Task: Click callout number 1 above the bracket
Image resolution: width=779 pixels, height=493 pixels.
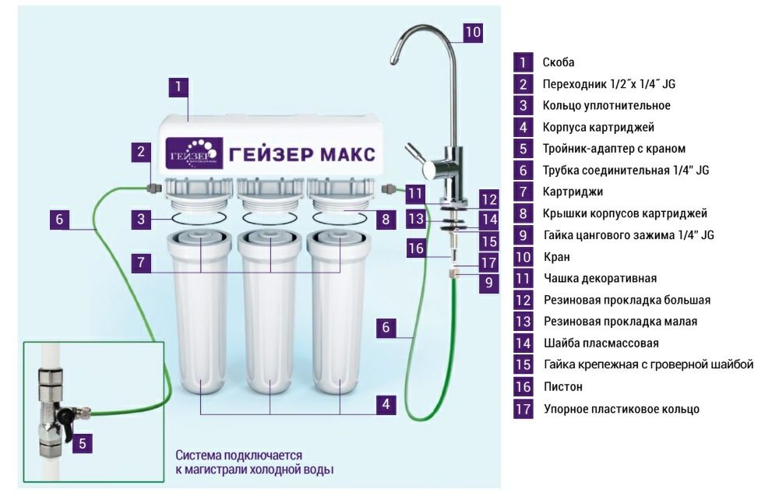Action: click(x=178, y=86)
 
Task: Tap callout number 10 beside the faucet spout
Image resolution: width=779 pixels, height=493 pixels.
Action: click(x=473, y=32)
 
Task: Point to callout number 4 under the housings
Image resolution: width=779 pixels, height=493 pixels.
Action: click(x=386, y=403)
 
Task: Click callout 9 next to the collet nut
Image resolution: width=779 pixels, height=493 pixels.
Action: click(x=488, y=282)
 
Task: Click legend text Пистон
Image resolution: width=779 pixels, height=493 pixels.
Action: click(x=560, y=386)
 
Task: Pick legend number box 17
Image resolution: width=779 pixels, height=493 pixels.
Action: click(x=523, y=408)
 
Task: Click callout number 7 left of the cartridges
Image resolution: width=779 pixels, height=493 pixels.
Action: click(x=141, y=262)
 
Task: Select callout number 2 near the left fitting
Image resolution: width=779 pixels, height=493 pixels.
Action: click(x=141, y=152)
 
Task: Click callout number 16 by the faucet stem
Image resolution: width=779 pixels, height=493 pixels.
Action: click(x=417, y=248)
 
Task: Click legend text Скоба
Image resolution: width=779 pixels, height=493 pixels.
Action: click(x=559, y=62)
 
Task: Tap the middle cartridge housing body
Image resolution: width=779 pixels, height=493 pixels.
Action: click(x=270, y=327)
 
